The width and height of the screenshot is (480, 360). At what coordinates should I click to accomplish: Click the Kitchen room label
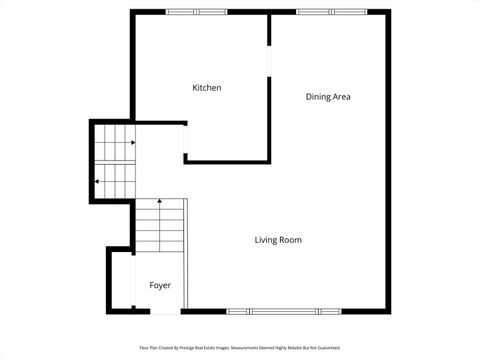coord(207,88)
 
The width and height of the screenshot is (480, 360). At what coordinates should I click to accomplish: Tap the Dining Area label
coord(328,97)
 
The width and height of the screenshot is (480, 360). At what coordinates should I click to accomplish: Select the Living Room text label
coord(278,240)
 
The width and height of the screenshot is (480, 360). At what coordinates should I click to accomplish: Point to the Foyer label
coord(160,286)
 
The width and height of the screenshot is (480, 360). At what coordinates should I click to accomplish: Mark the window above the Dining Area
coord(330,12)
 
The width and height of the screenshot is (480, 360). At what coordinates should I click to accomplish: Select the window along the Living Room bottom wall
coord(282,311)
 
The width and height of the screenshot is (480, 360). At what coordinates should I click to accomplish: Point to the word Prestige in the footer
coord(190,348)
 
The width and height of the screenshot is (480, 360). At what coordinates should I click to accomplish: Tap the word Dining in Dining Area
coord(318,97)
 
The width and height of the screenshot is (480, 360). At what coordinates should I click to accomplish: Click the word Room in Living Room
coord(290,240)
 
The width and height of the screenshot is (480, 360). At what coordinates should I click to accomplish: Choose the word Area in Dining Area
coord(342,97)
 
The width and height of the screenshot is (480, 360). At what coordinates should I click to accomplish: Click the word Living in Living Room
coord(266,240)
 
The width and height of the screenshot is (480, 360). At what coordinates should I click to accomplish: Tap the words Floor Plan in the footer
coord(148,348)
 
